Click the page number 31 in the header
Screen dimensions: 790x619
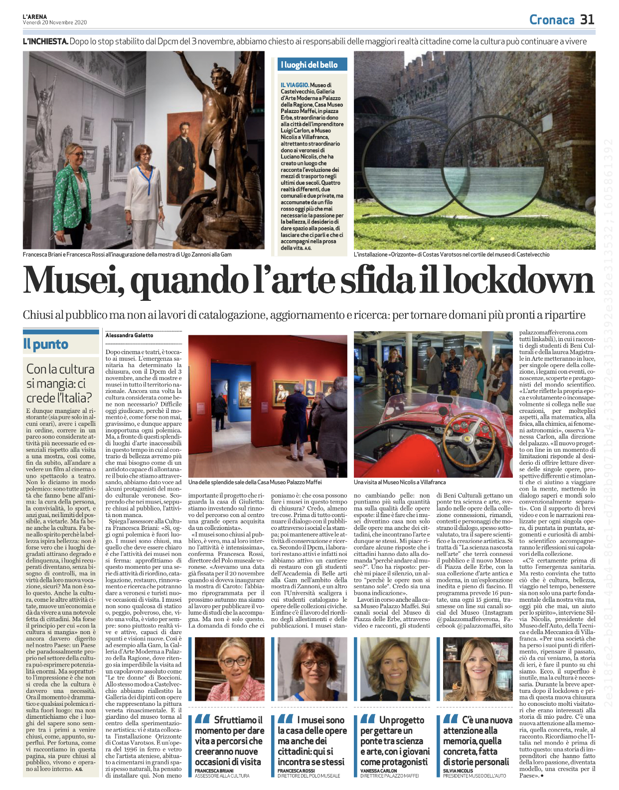587,19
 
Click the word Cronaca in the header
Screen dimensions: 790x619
552,20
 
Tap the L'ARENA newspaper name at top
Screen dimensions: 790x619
35,16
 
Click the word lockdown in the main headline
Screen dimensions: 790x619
519,281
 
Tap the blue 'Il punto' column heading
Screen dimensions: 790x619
46,344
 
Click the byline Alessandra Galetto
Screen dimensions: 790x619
130,336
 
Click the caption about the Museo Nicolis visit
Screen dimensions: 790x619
400,482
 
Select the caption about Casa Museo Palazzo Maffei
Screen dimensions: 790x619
255,482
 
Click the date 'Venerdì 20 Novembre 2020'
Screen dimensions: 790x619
55,22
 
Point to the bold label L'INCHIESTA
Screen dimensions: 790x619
45,41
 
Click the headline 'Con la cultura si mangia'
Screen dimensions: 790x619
60,383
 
